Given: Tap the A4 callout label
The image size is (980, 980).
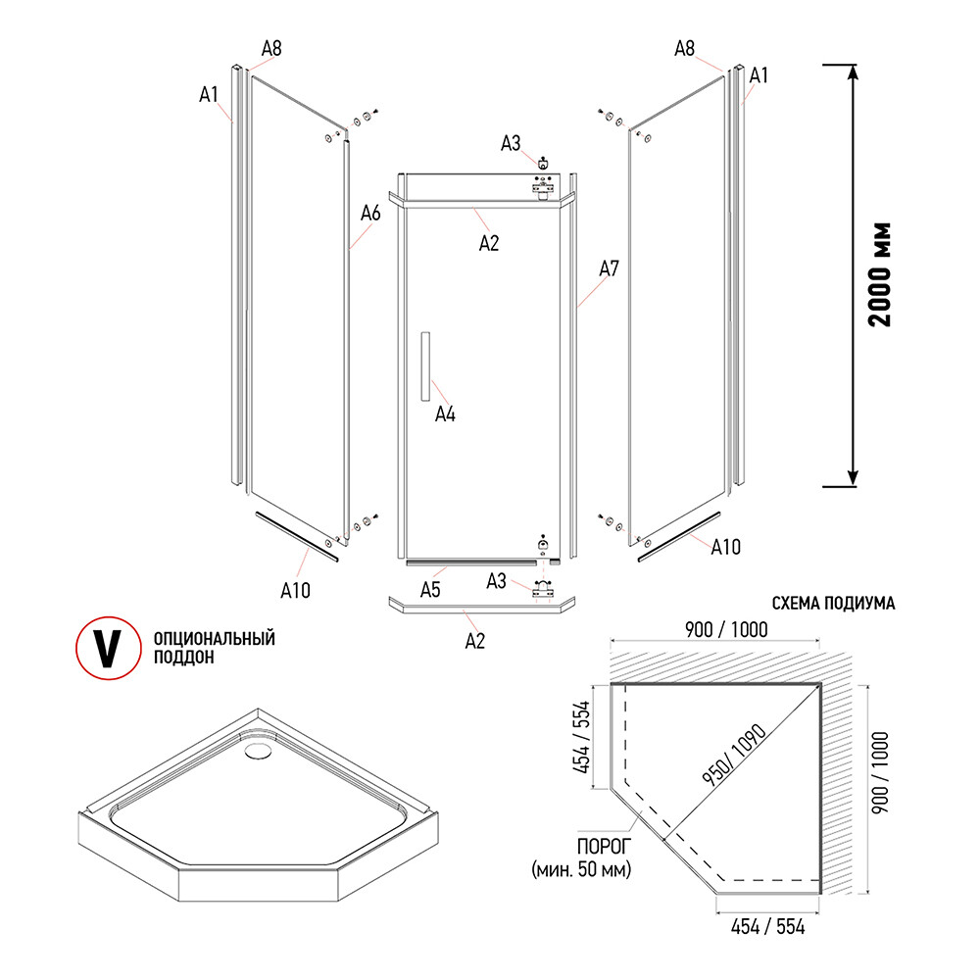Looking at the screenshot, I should click(446, 415).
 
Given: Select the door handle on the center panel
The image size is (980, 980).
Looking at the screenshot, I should click(423, 366).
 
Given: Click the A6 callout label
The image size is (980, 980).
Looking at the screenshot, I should click(369, 213).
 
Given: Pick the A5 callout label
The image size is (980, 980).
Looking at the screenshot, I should click(430, 590).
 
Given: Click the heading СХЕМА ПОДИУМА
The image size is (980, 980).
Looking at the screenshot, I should click(833, 604).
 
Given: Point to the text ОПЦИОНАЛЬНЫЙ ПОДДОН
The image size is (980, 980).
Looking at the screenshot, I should click(214, 648).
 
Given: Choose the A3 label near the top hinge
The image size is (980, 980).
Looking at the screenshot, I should click(512, 145).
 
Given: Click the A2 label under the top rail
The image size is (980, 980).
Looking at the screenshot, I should click(489, 244).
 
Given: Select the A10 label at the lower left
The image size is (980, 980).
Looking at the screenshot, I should click(295, 590).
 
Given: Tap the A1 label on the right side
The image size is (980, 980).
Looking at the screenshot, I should click(759, 74).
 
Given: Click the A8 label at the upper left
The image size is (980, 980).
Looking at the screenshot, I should click(272, 47).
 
